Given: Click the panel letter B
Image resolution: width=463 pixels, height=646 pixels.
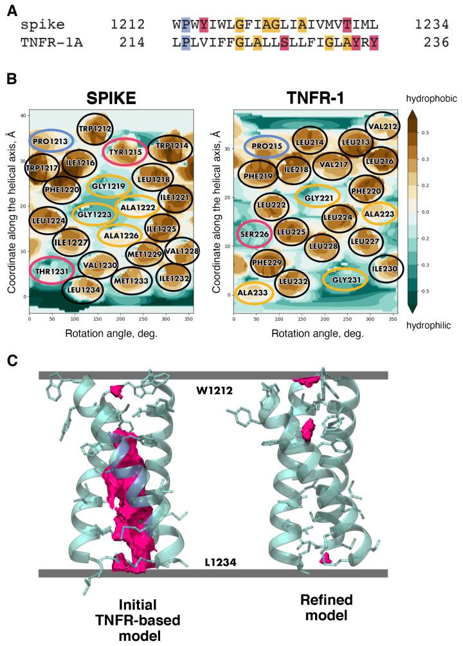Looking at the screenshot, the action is click(11, 79).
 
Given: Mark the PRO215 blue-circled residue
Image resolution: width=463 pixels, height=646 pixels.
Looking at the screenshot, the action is click(269, 147).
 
